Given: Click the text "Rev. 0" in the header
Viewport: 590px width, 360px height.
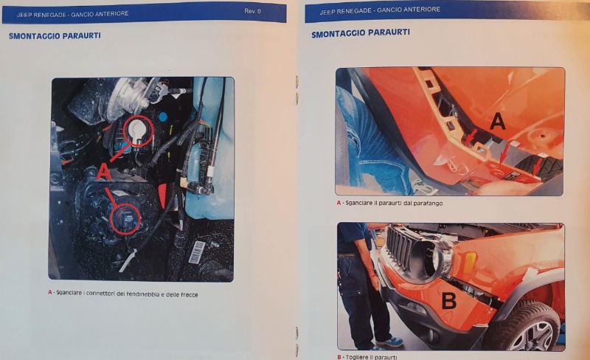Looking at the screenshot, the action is coord(252,11).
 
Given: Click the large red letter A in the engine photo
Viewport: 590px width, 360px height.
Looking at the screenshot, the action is coord(104,172).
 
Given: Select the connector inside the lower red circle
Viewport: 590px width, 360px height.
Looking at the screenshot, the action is coord(125,218).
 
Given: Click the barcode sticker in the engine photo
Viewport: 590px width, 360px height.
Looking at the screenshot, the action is coord(197,252).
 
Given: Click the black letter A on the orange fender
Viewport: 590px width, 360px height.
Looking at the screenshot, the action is coord(497,122).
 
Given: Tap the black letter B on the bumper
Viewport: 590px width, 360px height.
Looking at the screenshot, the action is coord(448,300).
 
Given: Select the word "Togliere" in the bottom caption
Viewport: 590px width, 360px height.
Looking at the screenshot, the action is coord(357,357).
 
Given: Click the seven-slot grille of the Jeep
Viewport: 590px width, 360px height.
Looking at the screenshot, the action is coord(400,247).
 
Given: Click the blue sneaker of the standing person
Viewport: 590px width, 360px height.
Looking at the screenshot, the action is coord(390,342).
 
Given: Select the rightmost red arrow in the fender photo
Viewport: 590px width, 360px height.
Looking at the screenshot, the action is coord(538,166).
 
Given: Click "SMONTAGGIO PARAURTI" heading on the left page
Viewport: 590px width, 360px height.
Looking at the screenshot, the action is coord(55,36).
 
